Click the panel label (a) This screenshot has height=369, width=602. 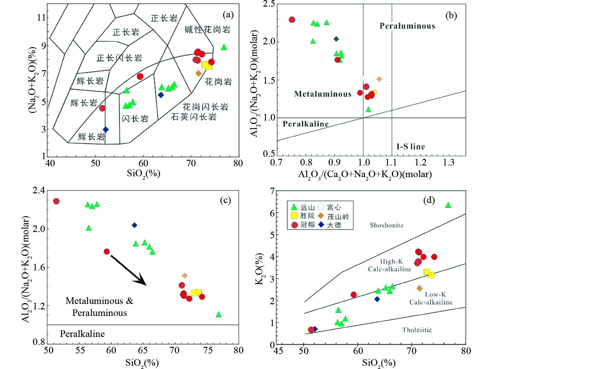coord(228,15)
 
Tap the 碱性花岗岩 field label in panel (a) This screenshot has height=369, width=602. coord(207,30)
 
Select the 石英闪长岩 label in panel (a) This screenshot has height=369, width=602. coord(194,117)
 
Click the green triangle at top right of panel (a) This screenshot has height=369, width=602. coord(224,47)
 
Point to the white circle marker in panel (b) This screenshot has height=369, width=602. coord(363,78)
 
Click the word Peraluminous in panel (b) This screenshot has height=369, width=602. coord(407,26)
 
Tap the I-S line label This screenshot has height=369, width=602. coord(410,147)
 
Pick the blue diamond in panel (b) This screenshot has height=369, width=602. coord(336,39)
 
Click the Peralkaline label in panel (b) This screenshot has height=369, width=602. coord(305,124)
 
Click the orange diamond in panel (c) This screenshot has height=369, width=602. coord(185,275)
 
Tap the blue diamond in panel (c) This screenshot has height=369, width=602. coord(135,225)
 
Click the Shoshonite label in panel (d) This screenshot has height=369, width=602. coord(386,225)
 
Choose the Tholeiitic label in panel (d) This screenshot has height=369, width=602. coord(417,330)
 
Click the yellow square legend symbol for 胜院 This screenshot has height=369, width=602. coord(294,216)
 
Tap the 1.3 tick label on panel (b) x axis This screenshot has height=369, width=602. coord(449,163)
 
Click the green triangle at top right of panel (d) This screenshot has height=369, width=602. coord(448,205)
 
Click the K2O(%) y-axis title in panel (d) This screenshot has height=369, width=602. coord(259,269)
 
